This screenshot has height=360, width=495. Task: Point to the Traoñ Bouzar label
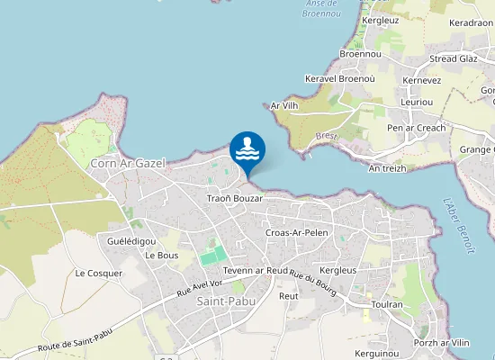click(x=234, y=198)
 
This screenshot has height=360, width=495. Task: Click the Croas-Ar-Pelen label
click(x=297, y=233)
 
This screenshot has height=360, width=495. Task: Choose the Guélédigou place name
click(x=131, y=241)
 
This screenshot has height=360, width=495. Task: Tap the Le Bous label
click(x=161, y=256)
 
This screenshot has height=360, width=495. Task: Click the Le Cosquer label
click(x=98, y=273)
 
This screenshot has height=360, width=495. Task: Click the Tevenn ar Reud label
click(x=256, y=270)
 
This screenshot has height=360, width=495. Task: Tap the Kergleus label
click(x=338, y=270)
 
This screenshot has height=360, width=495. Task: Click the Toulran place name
click(x=386, y=305)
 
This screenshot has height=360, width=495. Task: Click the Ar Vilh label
click(x=284, y=106)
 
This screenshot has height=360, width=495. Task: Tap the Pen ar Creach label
click(x=416, y=128)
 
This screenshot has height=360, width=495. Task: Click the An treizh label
click(x=388, y=168)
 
